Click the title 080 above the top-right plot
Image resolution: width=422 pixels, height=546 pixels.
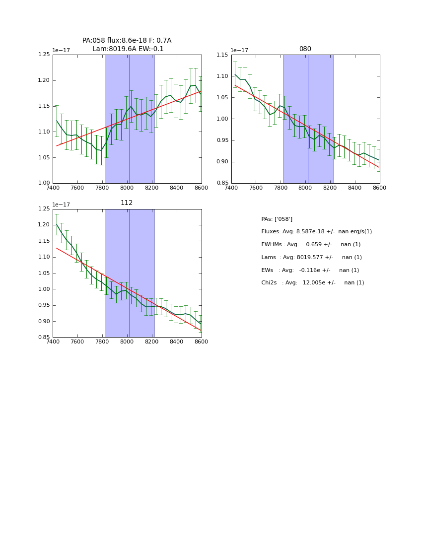click(x=305, y=49)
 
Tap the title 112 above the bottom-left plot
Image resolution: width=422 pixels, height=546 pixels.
click(x=127, y=203)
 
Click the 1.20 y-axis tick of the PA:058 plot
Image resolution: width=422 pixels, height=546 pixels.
click(x=44, y=80)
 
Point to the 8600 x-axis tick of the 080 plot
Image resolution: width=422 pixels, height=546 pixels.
click(x=379, y=188)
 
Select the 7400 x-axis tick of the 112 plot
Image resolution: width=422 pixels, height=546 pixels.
click(x=53, y=341)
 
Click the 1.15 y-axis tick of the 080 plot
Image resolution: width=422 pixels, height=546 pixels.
click(x=222, y=55)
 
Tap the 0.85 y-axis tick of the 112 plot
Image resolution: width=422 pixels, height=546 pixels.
click(x=44, y=338)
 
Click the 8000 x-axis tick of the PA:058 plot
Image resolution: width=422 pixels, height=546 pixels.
click(x=127, y=188)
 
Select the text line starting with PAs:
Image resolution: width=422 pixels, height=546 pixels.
click(x=277, y=219)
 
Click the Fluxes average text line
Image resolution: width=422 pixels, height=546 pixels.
click(x=316, y=232)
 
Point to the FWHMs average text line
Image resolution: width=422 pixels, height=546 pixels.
click(x=311, y=245)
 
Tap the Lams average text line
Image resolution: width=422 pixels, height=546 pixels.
click(x=311, y=258)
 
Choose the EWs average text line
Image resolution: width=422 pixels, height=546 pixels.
click(x=310, y=271)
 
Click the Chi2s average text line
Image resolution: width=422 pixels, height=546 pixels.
click(x=312, y=283)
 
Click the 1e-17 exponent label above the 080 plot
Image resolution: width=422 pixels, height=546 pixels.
click(x=240, y=51)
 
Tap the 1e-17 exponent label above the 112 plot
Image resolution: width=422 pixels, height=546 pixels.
click(x=61, y=205)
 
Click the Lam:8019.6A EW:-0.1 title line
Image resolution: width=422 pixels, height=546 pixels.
click(x=128, y=49)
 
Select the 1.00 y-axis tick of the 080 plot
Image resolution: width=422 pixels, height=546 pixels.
click(x=222, y=119)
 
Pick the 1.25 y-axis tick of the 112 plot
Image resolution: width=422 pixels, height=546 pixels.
click(x=44, y=209)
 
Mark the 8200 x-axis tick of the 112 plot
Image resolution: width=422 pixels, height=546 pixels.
click(x=152, y=341)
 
